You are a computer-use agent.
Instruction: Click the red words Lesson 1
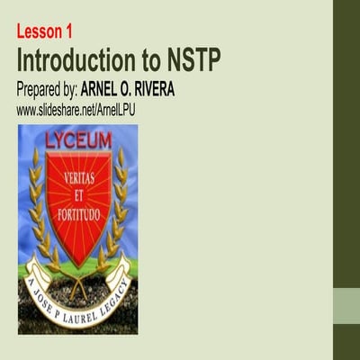[44, 32]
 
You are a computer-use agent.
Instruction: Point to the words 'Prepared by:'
[46, 91]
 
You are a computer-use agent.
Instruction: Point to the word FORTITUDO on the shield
[78, 207]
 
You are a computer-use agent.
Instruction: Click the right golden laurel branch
[119, 207]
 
